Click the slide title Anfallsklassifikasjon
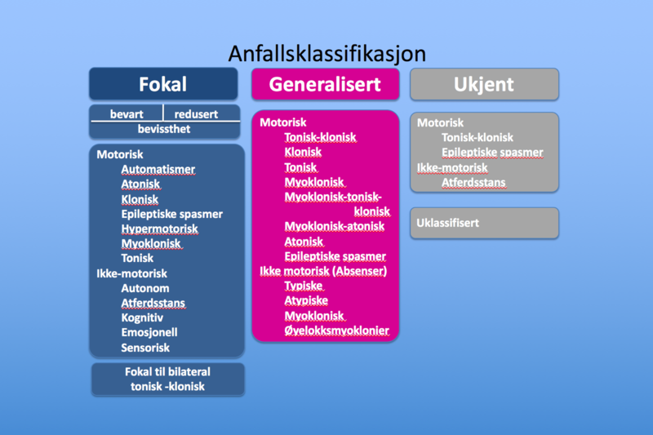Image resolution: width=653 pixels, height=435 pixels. [x=327, y=54]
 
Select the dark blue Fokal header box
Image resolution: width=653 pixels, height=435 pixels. [x=163, y=84]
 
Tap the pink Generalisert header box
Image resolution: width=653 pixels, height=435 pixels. [x=325, y=84]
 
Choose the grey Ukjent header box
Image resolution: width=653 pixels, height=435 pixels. [x=484, y=84]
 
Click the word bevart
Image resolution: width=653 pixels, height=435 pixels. [x=127, y=114]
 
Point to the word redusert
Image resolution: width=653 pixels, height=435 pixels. [x=196, y=114]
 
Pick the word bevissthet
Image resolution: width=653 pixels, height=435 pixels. [x=164, y=129]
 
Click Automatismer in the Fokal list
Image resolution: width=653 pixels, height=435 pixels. [x=158, y=170]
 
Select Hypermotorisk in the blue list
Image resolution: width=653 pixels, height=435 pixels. [x=159, y=229]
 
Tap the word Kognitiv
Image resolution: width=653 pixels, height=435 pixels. [x=142, y=318]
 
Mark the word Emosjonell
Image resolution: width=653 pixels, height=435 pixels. [x=149, y=333]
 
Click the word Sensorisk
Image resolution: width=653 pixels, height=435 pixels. [x=145, y=348]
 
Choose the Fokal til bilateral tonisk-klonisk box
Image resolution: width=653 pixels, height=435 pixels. [x=168, y=380]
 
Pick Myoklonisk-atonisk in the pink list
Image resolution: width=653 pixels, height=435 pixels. [x=335, y=226]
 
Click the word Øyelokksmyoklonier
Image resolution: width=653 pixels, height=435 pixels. [x=336, y=331]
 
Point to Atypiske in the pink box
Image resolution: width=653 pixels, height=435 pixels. [x=306, y=300]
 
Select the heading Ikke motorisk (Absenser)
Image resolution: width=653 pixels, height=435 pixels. [x=323, y=271]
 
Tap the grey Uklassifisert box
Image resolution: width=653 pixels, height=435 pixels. [x=484, y=223]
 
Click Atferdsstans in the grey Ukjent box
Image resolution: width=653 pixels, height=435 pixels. [x=473, y=183]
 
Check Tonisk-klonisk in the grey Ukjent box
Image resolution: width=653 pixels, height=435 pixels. [x=478, y=137]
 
